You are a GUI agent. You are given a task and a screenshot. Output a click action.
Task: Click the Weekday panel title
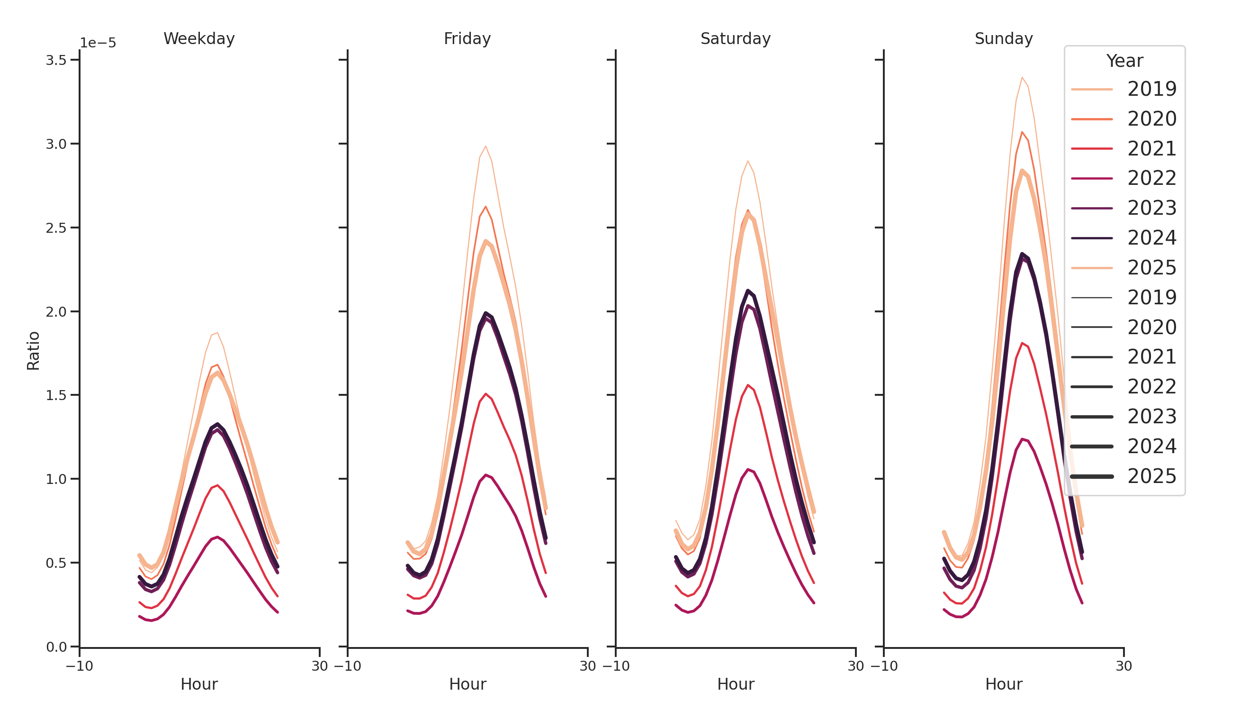pos(199,38)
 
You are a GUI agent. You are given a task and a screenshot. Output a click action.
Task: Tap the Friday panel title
pos(467,38)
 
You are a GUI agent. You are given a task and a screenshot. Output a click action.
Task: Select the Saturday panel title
pos(735,38)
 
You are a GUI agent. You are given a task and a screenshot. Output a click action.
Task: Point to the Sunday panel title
pos(1003,38)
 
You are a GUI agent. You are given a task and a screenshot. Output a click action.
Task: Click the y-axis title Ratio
pos(33,350)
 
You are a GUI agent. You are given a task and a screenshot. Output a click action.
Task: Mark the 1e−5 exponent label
pos(98,43)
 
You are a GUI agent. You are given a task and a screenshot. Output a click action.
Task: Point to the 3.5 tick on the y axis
pos(56,60)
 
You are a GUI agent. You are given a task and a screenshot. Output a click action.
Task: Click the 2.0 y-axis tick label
pos(56,311)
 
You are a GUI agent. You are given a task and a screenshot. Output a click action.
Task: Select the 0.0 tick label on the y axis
pos(56,647)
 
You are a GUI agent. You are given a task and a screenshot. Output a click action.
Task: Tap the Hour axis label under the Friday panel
pos(467,684)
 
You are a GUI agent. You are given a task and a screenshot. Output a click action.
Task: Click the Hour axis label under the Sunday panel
pos(1003,684)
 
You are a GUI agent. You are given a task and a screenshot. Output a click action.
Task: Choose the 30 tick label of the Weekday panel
pos(319,666)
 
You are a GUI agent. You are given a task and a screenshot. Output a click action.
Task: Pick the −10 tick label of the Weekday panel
pos(79,666)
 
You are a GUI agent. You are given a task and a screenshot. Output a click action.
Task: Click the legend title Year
pos(1124,61)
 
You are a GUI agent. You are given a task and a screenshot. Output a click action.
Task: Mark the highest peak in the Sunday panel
pos(1021,77)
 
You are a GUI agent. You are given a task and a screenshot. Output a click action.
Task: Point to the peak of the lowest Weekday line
pos(217,537)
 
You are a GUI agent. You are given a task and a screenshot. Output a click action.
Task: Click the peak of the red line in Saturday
pos(747,385)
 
